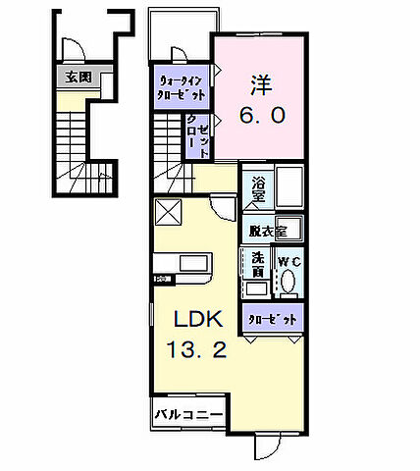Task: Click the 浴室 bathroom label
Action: click(x=259, y=188)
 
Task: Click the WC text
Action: click(x=288, y=262)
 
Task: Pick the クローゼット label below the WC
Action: click(x=269, y=320)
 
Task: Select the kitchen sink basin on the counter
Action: click(x=190, y=263)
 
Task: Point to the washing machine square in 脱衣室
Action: click(x=288, y=228)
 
